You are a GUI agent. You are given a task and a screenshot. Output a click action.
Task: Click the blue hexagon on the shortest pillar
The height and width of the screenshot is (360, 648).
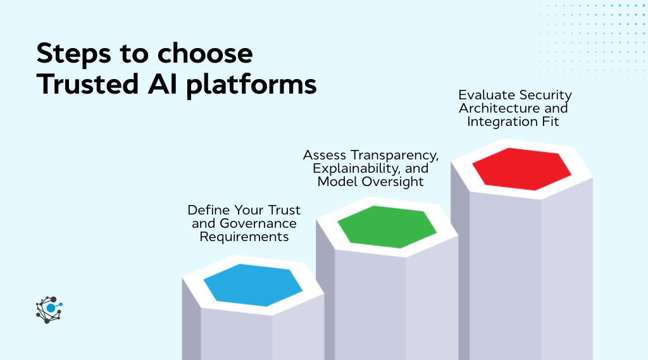[253, 285]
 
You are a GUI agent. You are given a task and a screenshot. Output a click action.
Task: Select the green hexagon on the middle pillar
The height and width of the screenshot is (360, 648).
[387, 227]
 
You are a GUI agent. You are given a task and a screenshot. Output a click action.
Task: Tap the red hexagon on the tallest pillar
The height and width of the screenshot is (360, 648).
[521, 169]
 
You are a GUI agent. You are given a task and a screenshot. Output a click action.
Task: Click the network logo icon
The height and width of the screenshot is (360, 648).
[49, 309]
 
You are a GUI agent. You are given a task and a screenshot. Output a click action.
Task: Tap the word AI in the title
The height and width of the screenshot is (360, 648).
[165, 85]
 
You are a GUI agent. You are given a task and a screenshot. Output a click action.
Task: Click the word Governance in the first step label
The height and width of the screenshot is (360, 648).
[258, 223]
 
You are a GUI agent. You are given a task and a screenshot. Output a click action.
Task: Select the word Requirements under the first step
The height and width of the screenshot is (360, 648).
[244, 237]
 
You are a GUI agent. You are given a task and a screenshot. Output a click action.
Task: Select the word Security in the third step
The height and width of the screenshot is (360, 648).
[545, 95]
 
